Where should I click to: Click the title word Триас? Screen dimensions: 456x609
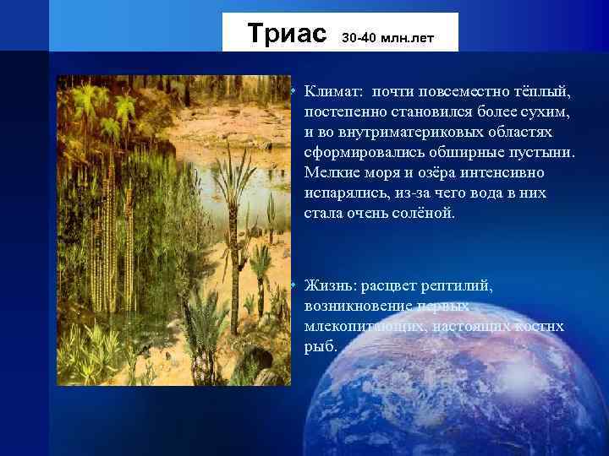(x=287, y=34)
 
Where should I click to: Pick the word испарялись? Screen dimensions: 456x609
(x=346, y=193)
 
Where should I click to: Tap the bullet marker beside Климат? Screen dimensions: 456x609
(x=290, y=90)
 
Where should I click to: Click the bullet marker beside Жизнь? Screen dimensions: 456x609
(x=290, y=285)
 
